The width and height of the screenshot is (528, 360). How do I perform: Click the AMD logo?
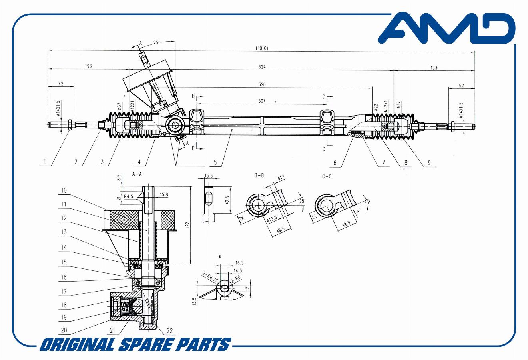click(x=446, y=28)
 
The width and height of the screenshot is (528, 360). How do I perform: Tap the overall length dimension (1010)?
click(x=262, y=48)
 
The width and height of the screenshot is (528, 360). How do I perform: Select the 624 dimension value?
click(x=262, y=67)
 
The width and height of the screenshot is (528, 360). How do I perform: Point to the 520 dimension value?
click(x=262, y=84)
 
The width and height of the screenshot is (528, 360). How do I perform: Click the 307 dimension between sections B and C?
click(x=262, y=101)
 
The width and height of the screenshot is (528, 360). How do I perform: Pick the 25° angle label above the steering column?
click(x=157, y=43)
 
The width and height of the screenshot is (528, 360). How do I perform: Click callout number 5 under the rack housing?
click(x=215, y=162)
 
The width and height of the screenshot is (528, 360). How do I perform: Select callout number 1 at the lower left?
click(x=45, y=162)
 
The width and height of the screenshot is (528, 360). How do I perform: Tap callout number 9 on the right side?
click(x=429, y=162)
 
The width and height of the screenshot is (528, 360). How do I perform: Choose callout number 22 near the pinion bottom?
click(x=170, y=331)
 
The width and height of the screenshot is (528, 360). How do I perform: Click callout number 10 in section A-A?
click(x=64, y=190)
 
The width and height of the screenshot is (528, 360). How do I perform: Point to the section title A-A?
click(x=137, y=174)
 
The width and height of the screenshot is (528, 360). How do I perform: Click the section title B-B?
click(x=259, y=175)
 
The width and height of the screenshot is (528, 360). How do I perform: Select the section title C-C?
click(x=327, y=176)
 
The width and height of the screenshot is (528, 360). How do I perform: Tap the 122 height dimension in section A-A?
click(x=187, y=226)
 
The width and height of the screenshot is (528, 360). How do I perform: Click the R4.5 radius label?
click(x=128, y=196)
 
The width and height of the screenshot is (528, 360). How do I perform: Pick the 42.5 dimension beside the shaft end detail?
click(x=227, y=200)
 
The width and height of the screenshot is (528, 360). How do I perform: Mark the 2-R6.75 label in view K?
click(x=210, y=278)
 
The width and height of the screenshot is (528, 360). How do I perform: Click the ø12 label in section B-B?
click(x=281, y=178)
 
